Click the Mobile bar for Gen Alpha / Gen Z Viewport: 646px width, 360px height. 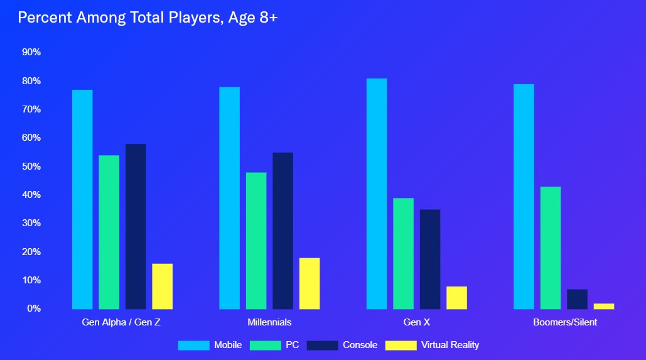[82, 199]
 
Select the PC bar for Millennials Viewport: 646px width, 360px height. [256, 241]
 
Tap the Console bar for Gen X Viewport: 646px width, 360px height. [430, 259]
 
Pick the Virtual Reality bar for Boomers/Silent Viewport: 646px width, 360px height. [604, 306]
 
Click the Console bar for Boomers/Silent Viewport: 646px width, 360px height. [577, 299]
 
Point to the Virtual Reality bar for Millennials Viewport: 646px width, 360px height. [310, 283]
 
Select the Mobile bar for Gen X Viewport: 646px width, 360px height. [377, 194]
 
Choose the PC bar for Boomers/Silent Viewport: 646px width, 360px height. [551, 248]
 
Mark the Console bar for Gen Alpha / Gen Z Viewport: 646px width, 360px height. [136, 226]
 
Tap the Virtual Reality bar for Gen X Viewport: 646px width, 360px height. [456, 298]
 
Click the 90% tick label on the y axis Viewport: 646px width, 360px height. [31, 52]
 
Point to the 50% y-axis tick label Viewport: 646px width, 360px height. [31, 166]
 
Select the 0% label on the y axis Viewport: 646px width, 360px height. [34, 308]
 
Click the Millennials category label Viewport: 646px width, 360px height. [270, 322]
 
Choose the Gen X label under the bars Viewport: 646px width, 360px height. [417, 322]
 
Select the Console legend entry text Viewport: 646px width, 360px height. [360, 345]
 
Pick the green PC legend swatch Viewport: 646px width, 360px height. [265, 345]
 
